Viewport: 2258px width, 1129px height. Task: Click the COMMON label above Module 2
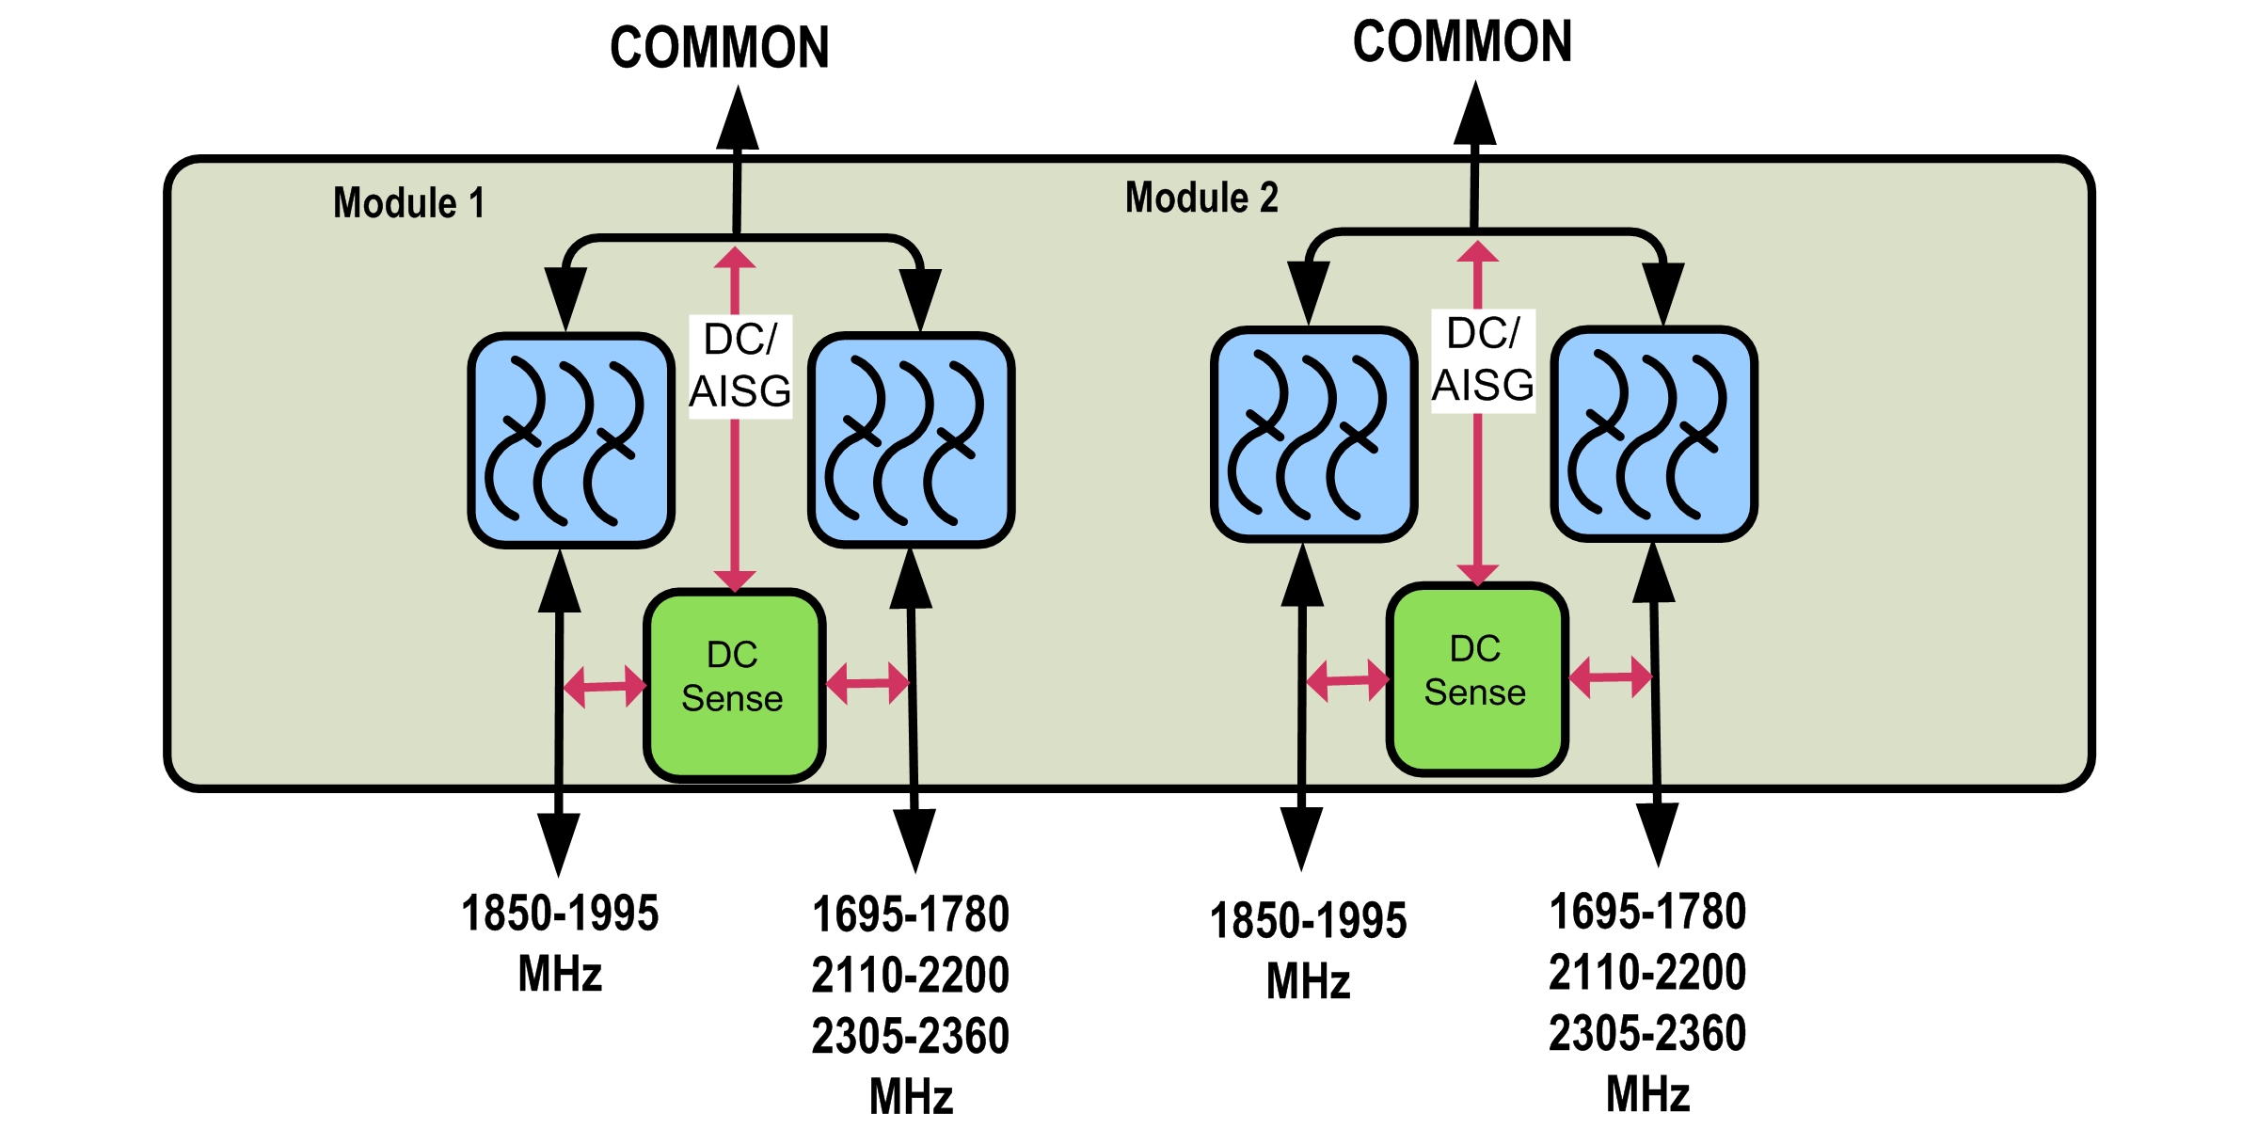click(x=1462, y=41)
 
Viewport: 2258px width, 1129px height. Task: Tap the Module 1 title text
click(x=409, y=203)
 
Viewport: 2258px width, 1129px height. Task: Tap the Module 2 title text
click(x=1201, y=198)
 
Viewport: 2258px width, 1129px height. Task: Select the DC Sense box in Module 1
click(x=734, y=685)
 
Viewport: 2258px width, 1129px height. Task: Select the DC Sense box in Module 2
click(x=1476, y=678)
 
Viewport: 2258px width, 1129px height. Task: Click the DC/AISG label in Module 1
click(x=740, y=366)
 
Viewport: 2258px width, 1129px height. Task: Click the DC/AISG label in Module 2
click(x=1483, y=360)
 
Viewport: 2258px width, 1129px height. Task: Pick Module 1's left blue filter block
click(x=571, y=439)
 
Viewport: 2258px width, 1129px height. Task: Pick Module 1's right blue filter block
click(x=911, y=439)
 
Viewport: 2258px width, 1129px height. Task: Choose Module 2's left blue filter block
click(x=1313, y=434)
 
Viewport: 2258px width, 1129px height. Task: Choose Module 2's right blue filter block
click(x=1654, y=434)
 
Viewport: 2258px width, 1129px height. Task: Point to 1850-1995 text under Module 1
click(x=560, y=914)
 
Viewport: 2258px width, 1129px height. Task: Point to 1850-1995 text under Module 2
click(x=1308, y=920)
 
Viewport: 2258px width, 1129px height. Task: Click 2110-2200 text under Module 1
click(x=910, y=975)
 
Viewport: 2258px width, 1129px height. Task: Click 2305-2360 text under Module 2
click(x=1647, y=1033)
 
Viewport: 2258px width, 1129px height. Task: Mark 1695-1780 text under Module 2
click(x=1647, y=912)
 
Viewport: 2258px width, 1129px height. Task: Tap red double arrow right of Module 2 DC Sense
click(x=1610, y=677)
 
